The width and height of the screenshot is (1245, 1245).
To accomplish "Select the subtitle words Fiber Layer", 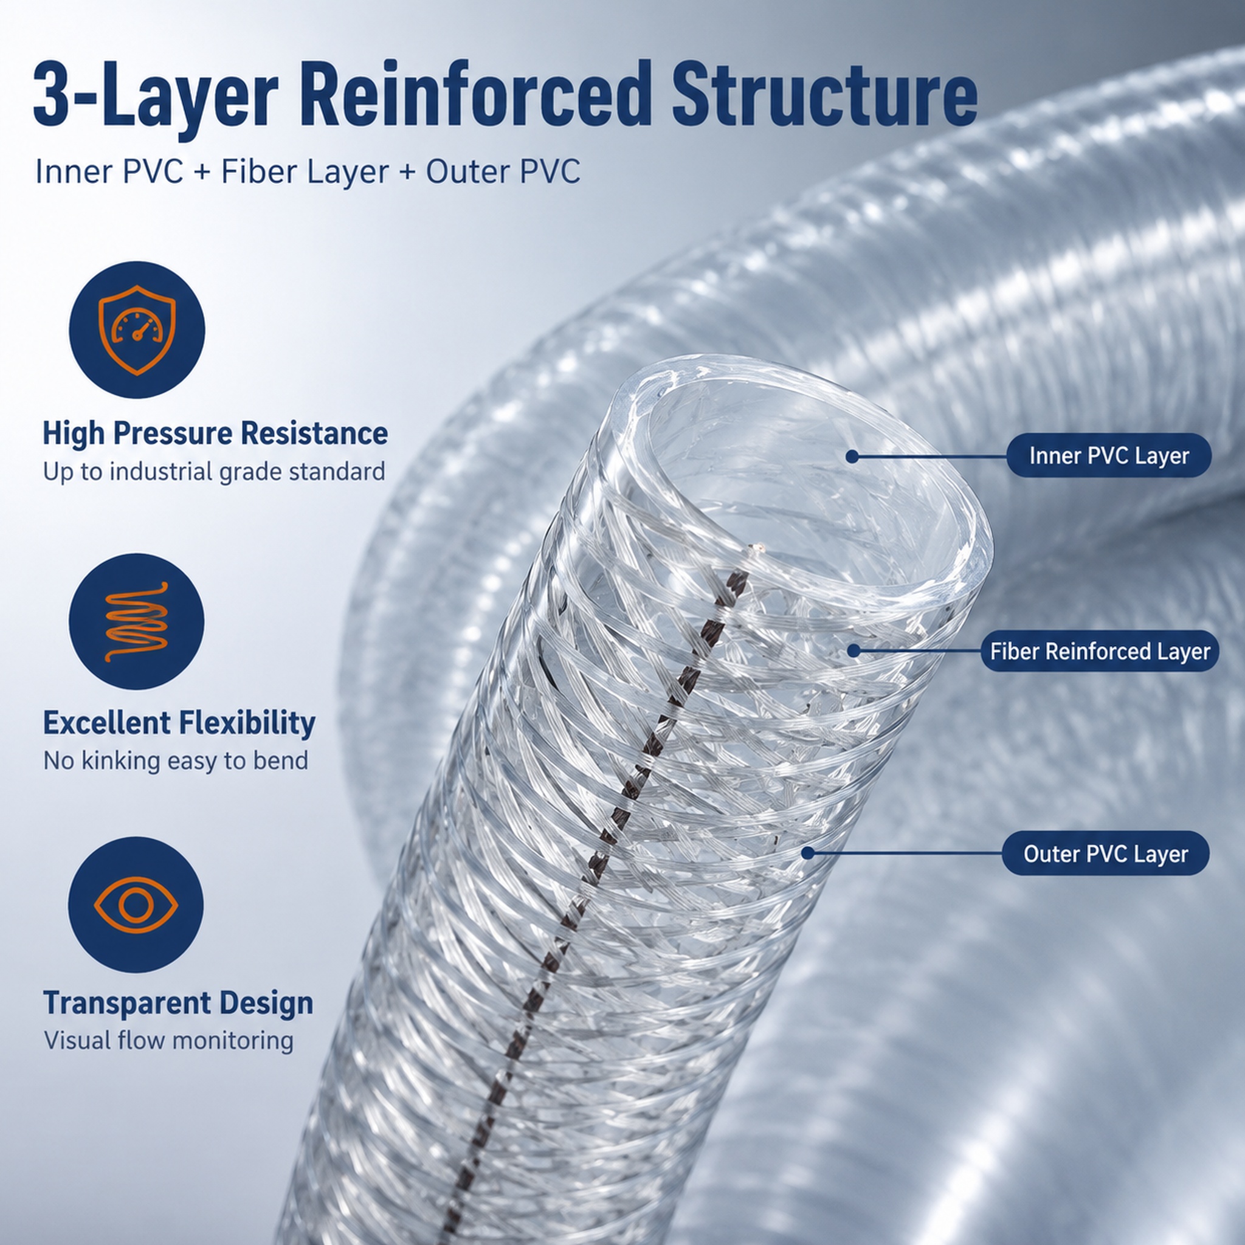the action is [x=305, y=172].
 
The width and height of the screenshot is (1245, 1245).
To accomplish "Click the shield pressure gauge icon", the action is [x=137, y=330].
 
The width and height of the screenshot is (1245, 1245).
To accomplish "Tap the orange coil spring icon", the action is [x=136, y=621].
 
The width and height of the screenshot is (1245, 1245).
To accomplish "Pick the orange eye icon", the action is [x=136, y=905].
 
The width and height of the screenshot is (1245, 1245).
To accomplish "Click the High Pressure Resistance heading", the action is [x=215, y=433].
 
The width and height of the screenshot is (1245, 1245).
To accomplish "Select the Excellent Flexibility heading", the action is [x=179, y=723].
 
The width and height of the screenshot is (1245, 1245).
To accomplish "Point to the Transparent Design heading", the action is [x=179, y=1002].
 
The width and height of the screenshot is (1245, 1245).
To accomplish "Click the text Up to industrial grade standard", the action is [x=214, y=472].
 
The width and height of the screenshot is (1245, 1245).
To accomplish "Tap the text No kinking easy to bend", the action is [x=175, y=761].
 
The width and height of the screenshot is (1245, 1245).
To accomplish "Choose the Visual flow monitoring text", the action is [x=168, y=1041].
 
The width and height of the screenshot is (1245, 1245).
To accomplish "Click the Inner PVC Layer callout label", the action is [x=1108, y=455].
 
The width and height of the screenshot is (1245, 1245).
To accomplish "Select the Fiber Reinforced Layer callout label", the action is [x=1100, y=651].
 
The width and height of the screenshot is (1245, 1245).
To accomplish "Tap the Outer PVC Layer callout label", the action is [x=1105, y=854].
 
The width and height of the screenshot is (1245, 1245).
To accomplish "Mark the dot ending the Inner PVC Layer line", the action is [x=852, y=457].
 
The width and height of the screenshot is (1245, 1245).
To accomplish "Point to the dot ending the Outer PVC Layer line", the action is [x=807, y=853].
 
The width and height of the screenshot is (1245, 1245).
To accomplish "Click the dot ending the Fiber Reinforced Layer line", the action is [x=853, y=651].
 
